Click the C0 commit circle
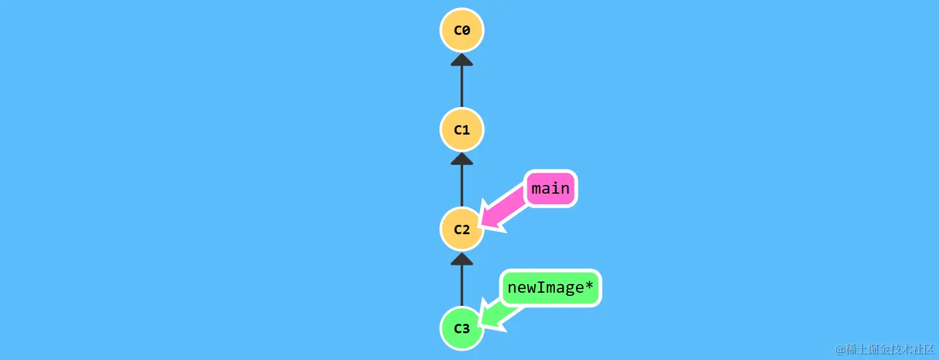[x=461, y=30]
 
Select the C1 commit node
[x=461, y=130]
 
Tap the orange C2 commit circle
[x=461, y=229]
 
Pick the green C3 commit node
[x=461, y=328]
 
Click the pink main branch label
[x=551, y=188]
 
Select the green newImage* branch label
[x=551, y=288]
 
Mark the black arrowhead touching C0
[x=461, y=60]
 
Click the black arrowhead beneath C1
[x=461, y=159]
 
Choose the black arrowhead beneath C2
[x=461, y=259]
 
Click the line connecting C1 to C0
[x=461, y=87]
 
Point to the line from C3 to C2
[x=461, y=287]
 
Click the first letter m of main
[x=537, y=188]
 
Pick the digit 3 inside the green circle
[x=466, y=329]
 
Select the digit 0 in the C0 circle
[x=466, y=30]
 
